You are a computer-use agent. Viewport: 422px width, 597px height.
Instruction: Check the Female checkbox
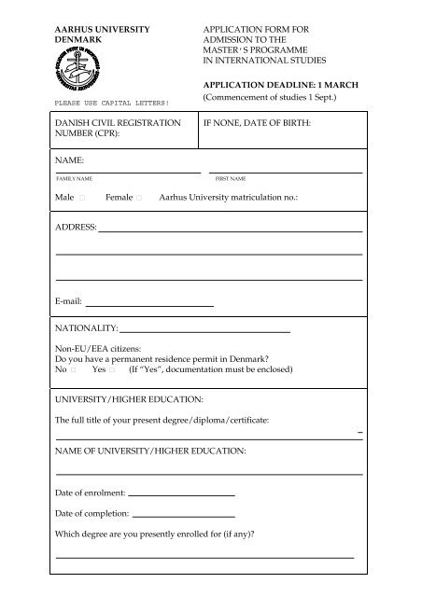coord(139,199)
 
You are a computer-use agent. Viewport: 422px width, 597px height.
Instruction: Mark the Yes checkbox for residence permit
coord(111,369)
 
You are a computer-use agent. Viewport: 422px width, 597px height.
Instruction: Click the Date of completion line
coord(184,514)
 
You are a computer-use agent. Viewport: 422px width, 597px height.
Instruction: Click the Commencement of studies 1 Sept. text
coord(282,96)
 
